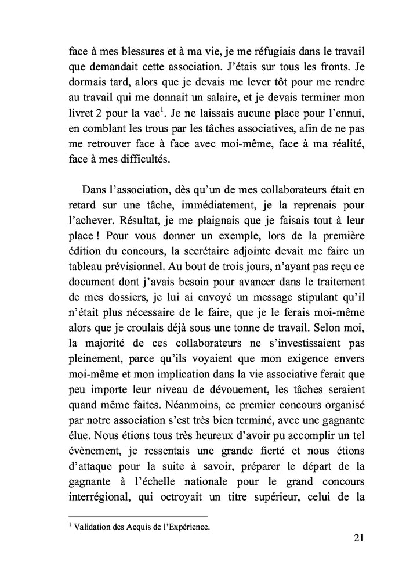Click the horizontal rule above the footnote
(x=138, y=516)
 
